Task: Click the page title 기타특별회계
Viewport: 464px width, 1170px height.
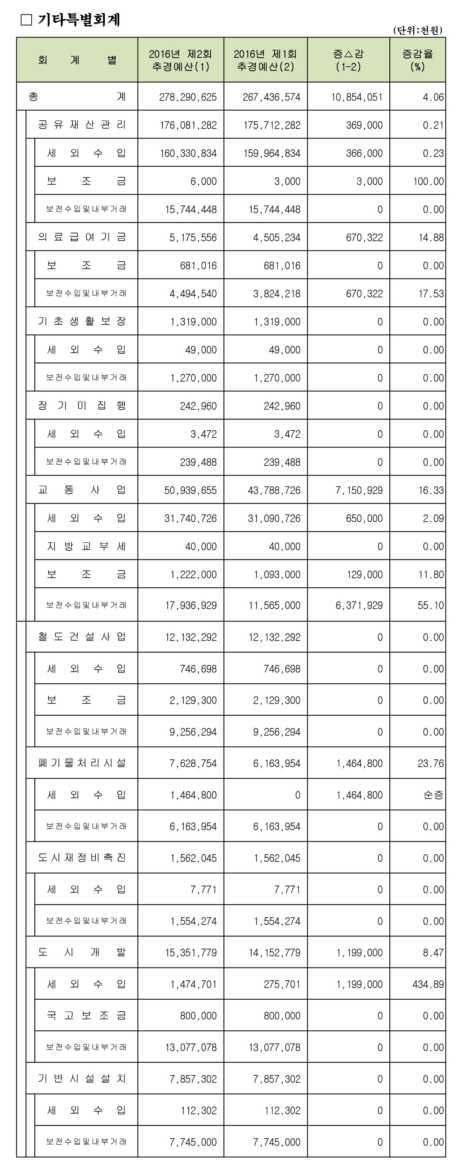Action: [79, 20]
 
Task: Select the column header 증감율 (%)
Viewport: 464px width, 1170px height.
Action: [417, 60]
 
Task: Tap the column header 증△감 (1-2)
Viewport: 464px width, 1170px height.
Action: [348, 60]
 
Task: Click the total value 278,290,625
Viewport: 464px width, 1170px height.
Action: [188, 97]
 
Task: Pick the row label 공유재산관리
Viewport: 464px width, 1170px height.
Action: [82, 125]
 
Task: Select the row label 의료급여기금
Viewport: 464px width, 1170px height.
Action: [82, 237]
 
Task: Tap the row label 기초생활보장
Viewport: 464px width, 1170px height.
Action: [82, 322]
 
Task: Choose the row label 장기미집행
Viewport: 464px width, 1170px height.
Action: [82, 406]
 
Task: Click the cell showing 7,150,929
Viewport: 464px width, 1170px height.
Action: [359, 490]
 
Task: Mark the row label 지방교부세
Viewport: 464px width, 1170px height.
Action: [86, 546]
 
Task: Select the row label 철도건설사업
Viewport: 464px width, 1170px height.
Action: [82, 637]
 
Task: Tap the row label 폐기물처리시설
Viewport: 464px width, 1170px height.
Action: [82, 763]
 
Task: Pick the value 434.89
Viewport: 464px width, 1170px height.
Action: [428, 985]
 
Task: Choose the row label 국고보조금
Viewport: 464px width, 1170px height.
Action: [86, 1016]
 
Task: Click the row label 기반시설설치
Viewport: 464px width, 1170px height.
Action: [82, 1079]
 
